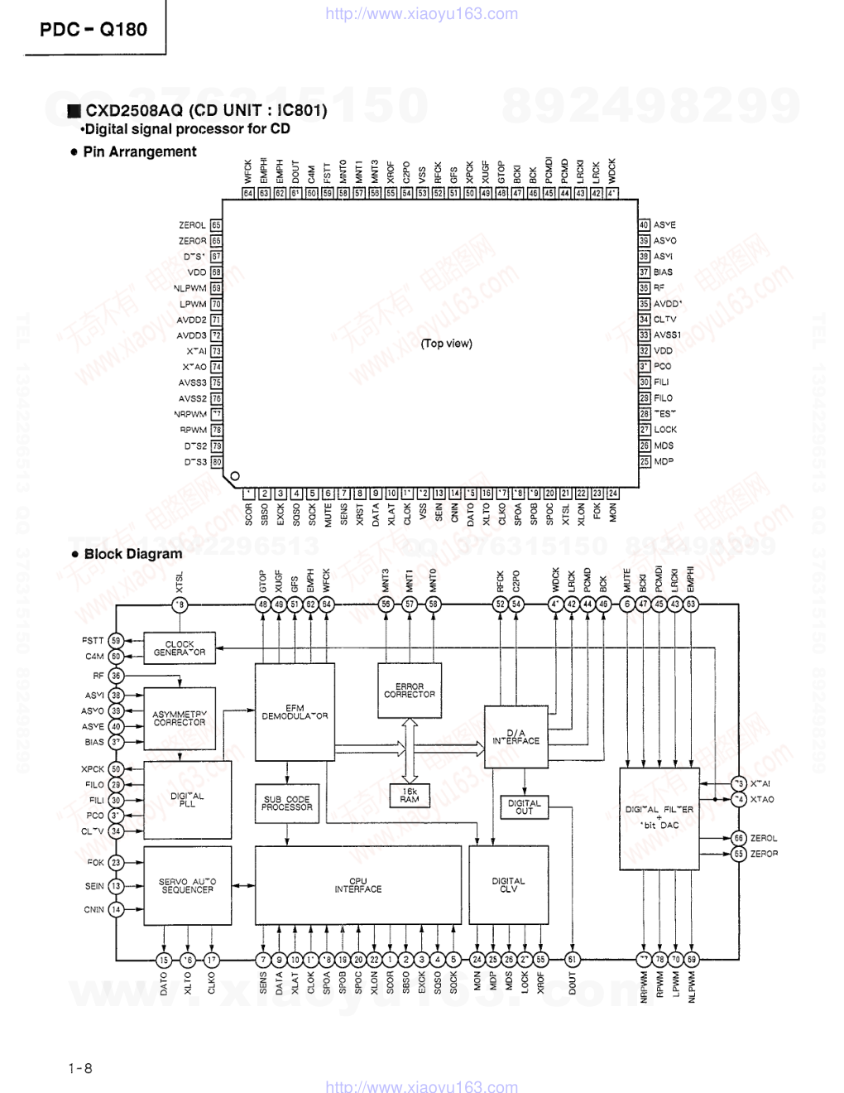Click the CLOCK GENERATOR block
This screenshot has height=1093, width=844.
click(179, 648)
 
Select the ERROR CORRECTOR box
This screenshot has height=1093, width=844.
click(409, 690)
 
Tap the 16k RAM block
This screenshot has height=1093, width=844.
click(409, 796)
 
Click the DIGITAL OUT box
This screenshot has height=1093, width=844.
click(524, 807)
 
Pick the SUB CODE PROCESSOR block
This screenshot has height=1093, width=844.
click(287, 804)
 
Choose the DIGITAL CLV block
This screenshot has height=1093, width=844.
click(508, 885)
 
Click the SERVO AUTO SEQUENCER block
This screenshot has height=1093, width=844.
click(187, 885)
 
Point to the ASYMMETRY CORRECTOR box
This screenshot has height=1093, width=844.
click(180, 718)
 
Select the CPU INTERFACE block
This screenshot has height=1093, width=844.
click(358, 885)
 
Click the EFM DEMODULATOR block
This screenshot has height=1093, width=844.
click(295, 712)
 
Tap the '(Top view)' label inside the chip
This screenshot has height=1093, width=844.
click(446, 343)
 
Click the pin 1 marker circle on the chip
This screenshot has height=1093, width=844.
click(234, 476)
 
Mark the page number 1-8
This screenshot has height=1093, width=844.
click(81, 1068)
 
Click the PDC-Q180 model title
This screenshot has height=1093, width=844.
click(94, 30)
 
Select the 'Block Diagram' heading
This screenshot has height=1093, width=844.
click(132, 554)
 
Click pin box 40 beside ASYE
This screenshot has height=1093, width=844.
click(644, 224)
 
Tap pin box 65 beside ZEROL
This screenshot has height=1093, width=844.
click(216, 225)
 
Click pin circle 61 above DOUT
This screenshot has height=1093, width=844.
click(573, 960)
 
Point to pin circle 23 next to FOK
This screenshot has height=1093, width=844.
click(116, 863)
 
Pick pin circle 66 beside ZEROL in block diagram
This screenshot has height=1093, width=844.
click(739, 838)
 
